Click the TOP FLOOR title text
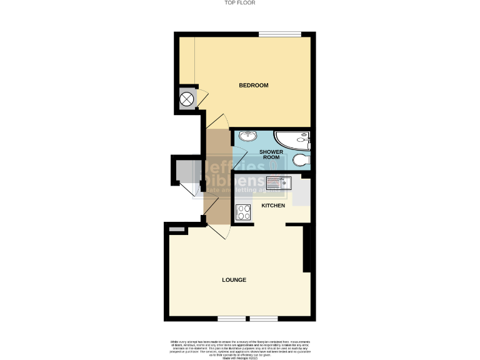240,3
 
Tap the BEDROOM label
254,85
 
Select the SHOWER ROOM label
272,154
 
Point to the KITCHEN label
273,205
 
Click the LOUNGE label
233,279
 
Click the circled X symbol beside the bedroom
187,99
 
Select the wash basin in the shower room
248,136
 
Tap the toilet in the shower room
301,161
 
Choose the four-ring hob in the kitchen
243,212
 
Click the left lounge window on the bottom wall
232,319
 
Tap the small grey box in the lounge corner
177,231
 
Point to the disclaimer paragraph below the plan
240,348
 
